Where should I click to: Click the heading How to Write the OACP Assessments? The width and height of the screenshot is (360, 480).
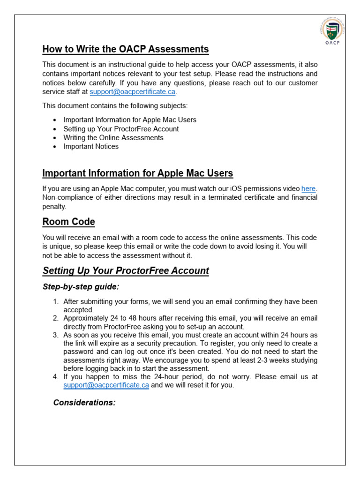point(125,49)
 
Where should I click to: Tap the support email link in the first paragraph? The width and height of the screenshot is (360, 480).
point(132,92)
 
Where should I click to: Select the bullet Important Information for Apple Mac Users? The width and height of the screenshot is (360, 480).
point(130,120)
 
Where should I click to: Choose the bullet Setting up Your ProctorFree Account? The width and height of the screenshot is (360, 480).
point(121,128)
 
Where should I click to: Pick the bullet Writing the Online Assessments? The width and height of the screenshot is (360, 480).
point(113,137)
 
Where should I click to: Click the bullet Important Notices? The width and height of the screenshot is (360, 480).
point(91,146)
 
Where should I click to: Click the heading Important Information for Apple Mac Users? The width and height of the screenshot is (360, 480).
point(137,173)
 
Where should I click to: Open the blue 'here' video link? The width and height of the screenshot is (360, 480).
point(308,188)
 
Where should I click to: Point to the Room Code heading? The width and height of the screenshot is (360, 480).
point(68,222)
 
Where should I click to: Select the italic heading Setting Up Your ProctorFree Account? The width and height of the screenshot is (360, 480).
point(126,270)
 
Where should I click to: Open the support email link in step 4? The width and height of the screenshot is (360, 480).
point(106,385)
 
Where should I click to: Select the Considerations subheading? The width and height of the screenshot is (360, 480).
point(84,403)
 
